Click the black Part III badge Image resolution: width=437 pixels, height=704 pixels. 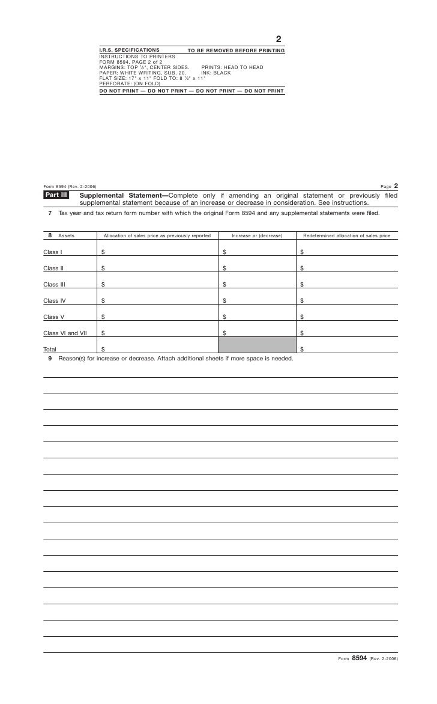[56, 195]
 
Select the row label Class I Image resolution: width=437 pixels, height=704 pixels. [53, 252]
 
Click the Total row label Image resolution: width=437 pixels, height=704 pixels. [50, 349]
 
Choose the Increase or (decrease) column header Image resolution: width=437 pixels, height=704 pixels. [257, 236]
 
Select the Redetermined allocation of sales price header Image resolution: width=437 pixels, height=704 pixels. [346, 236]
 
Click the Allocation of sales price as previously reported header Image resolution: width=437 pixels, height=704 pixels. [157, 236]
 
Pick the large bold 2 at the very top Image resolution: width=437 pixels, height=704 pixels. [279, 40]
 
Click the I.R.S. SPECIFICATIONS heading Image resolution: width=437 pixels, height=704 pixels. [129, 50]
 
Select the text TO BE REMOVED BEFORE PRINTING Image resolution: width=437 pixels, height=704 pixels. [236, 50]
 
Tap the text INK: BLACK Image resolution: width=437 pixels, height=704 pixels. [215, 73]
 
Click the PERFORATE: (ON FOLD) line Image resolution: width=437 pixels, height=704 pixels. [130, 83]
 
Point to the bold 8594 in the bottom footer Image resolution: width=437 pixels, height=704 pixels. [359, 658]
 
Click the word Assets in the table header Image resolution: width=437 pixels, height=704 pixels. [66, 236]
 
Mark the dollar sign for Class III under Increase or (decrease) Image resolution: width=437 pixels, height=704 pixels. [225, 285]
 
